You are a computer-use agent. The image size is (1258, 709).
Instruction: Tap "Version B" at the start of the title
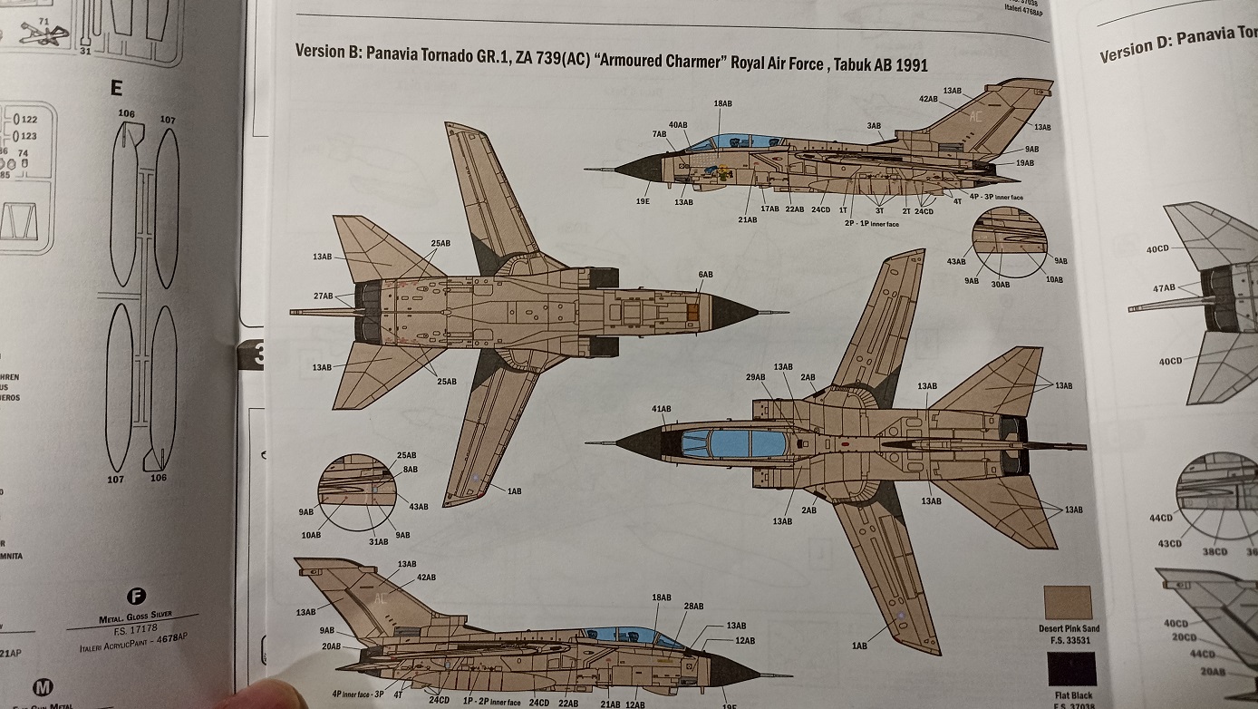324,53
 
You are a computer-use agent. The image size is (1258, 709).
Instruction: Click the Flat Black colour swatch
1070,669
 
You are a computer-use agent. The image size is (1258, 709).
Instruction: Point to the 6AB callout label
704,274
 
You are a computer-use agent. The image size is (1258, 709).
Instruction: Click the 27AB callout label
323,296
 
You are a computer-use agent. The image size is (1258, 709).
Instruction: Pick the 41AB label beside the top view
661,409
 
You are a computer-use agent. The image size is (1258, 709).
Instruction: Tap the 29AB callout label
756,376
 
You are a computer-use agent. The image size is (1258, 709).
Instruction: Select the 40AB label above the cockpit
678,124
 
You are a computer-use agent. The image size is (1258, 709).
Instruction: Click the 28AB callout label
694,606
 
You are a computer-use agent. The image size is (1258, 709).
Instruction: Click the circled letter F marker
137,597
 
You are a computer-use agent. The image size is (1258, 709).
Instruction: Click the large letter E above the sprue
115,88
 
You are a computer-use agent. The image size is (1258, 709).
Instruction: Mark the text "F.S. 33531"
1069,639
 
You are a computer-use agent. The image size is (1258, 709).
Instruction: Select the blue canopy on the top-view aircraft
734,443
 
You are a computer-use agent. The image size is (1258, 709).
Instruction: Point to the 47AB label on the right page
1164,288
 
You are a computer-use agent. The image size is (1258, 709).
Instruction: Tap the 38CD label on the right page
1216,549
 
